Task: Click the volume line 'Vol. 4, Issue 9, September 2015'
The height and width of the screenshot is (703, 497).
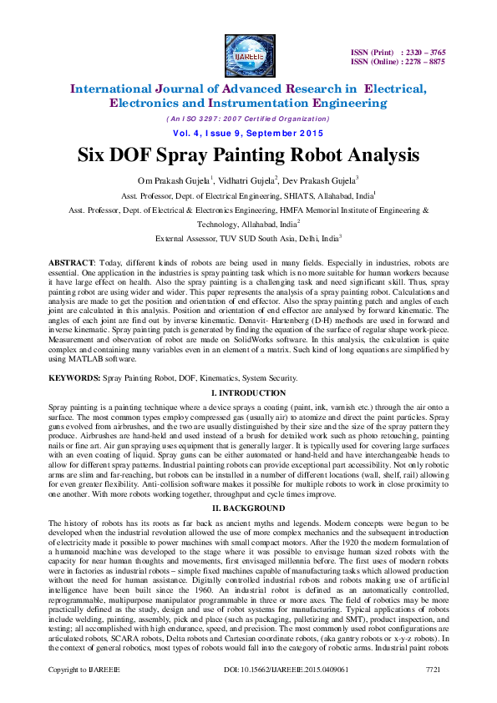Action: coord(248,134)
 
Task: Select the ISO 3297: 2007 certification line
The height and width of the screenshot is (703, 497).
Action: coord(248,119)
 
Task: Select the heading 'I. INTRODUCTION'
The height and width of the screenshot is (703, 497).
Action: coord(248,392)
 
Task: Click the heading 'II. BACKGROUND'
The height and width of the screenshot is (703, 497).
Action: coord(248,508)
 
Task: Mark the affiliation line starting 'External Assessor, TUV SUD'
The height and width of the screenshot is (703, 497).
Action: coord(248,238)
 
